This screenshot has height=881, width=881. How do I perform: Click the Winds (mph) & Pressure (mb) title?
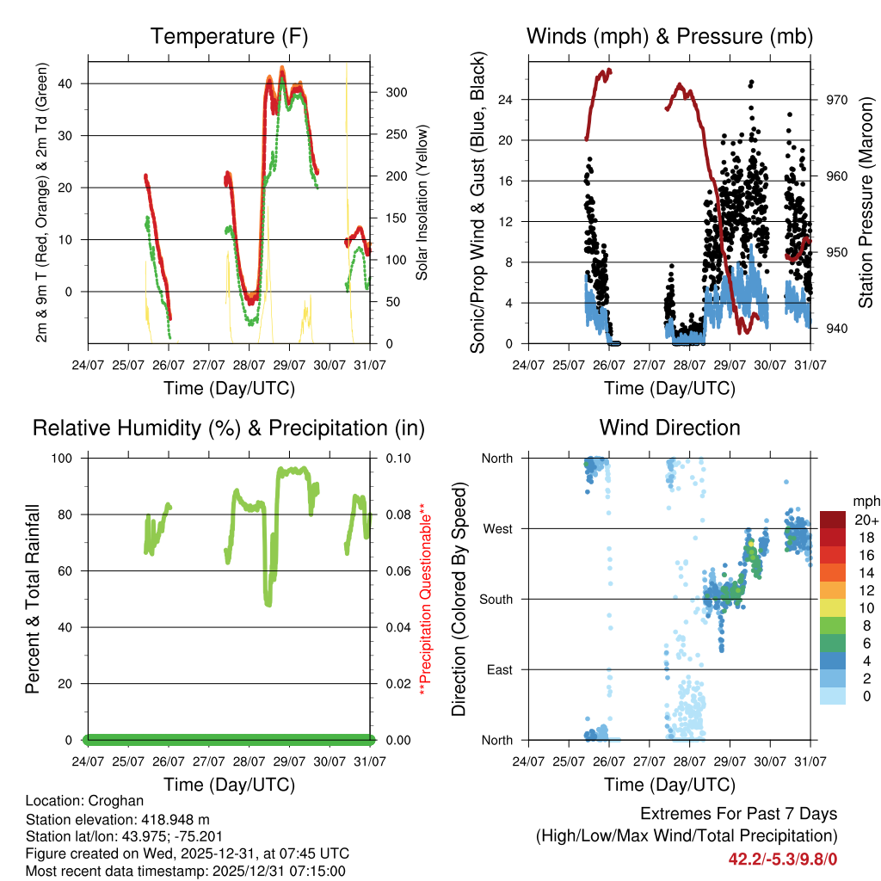point(669,36)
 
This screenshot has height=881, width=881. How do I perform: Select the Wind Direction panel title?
point(669,428)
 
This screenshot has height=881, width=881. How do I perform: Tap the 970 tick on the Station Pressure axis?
point(836,100)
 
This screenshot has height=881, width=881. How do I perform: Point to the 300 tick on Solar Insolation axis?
point(395,92)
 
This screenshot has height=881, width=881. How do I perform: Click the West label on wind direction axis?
point(497,528)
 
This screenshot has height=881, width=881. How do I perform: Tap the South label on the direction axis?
point(496,599)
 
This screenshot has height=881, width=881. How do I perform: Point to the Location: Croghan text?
point(78,799)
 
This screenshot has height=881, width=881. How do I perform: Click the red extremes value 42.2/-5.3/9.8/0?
point(783,859)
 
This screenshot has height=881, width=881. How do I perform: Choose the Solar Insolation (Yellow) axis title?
point(422,202)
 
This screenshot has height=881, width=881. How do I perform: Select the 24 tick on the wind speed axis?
point(506,100)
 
